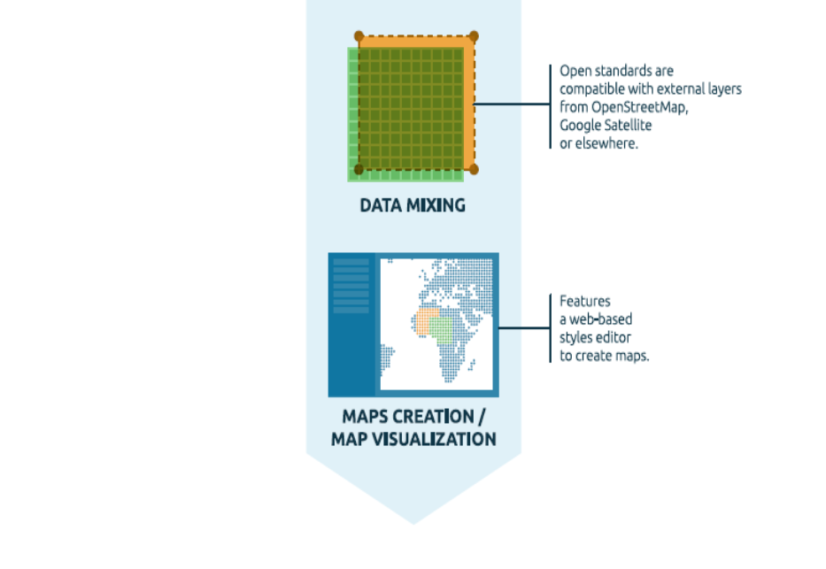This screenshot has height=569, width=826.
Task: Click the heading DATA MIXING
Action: [x=413, y=205]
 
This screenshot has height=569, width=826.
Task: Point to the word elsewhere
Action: [x=606, y=143]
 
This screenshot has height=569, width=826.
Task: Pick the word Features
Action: [x=585, y=300]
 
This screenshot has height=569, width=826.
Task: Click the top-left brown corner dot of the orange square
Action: [x=359, y=36]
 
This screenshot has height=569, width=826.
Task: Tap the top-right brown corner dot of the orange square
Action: [x=474, y=36]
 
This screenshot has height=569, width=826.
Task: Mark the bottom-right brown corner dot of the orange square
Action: [x=474, y=169]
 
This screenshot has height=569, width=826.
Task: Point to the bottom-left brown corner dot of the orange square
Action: [x=359, y=169]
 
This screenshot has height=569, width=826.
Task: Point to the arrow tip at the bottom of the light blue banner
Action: [x=413, y=522]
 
